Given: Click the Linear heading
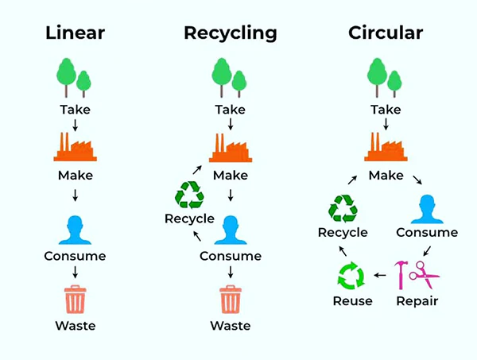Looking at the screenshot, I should coord(76,33).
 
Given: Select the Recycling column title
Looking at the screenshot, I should coord(230,33).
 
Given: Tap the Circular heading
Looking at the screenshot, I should coord(386,33).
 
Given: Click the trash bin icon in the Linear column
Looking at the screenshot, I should coord(76,300).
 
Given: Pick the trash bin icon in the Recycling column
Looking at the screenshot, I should coord(230,300).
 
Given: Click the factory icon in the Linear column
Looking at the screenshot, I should coord(76,147).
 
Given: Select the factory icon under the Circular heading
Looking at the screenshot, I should coord(386,147).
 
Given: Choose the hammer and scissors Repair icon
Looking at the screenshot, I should coord(418,274).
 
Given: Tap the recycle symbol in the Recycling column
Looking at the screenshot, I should coord(189,195).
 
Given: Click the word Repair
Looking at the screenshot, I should coord(417,301).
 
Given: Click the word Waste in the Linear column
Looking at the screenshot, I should coord(76,325).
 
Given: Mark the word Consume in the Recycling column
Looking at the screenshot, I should coord(230,256).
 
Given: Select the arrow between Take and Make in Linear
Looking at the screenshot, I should coord(76,126).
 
